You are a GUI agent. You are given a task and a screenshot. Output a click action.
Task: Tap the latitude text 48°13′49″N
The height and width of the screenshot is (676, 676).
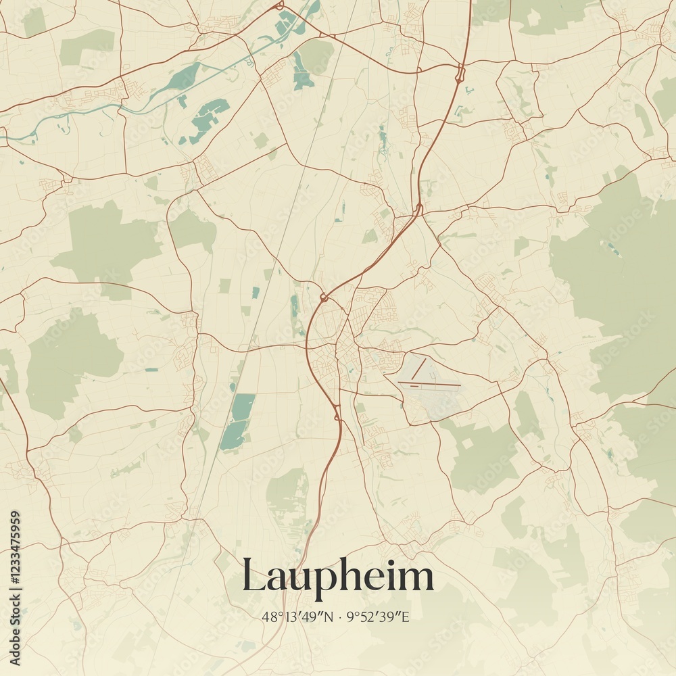tap(298, 617)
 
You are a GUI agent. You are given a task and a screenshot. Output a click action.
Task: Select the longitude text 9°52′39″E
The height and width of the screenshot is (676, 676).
tap(378, 617)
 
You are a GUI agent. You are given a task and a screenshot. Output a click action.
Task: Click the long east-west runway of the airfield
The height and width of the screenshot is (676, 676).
tap(429, 385)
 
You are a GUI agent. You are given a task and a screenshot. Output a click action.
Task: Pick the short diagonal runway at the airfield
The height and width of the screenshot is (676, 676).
tap(418, 368)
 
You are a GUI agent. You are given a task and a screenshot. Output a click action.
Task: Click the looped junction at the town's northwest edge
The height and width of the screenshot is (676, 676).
tap(323, 297)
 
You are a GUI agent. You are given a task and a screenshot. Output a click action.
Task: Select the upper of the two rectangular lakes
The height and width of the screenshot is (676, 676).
tap(243, 406)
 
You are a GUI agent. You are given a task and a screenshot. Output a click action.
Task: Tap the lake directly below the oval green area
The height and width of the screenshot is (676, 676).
tap(302, 78)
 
